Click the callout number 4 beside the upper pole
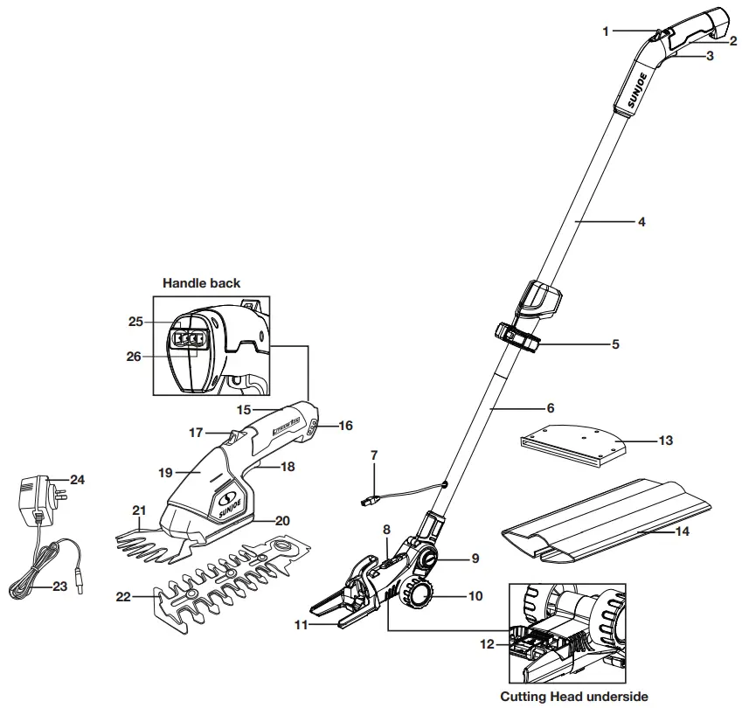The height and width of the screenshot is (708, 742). (x=641, y=222)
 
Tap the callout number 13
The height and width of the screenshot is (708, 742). (x=665, y=441)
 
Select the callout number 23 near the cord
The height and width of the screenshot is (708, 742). (x=59, y=587)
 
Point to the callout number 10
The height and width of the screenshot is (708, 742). (x=475, y=597)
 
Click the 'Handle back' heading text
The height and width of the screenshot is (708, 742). (x=201, y=283)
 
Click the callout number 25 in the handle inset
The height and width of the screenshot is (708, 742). (x=135, y=322)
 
